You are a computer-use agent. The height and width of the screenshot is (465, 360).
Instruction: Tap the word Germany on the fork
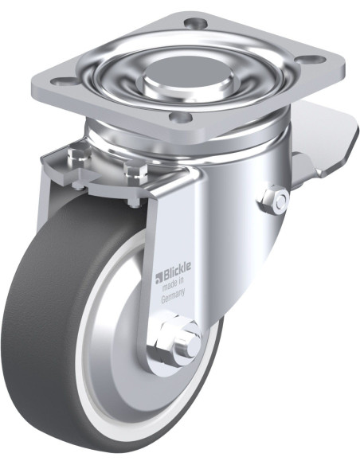tap(173, 295)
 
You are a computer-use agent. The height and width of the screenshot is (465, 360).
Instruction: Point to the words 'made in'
tap(174, 284)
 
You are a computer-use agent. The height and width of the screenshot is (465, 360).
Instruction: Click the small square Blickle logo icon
tap(158, 278)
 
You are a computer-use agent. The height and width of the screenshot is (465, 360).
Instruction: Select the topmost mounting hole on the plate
tap(194, 22)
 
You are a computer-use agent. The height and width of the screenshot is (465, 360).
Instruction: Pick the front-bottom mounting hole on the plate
tap(180, 117)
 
